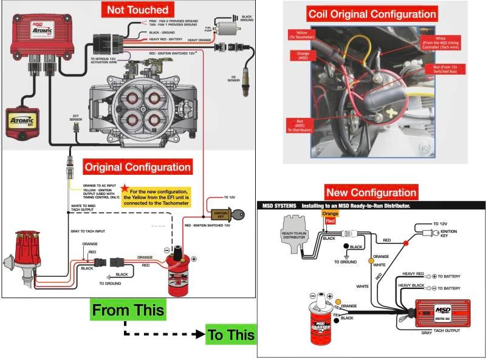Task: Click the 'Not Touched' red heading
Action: (137, 10)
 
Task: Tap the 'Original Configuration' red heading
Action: (137, 166)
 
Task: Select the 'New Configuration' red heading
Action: (371, 192)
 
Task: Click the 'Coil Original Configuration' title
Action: (372, 14)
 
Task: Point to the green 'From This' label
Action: (128, 310)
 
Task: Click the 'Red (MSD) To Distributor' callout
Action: (301, 124)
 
